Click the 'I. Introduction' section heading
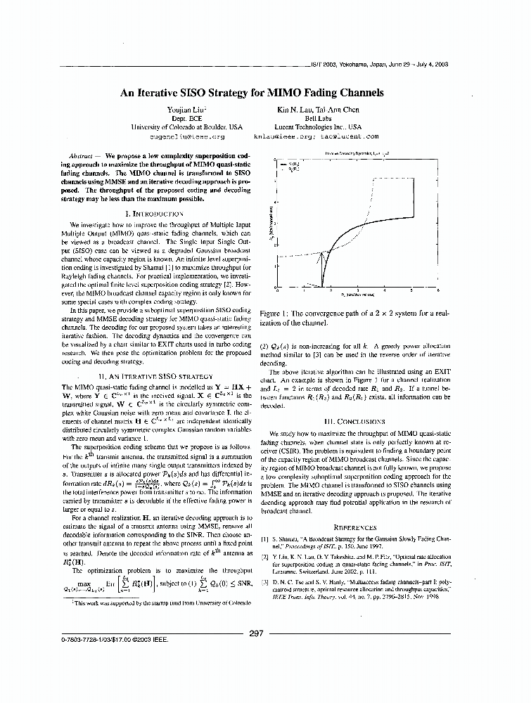coord(153,212)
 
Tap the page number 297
coord(257,633)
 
